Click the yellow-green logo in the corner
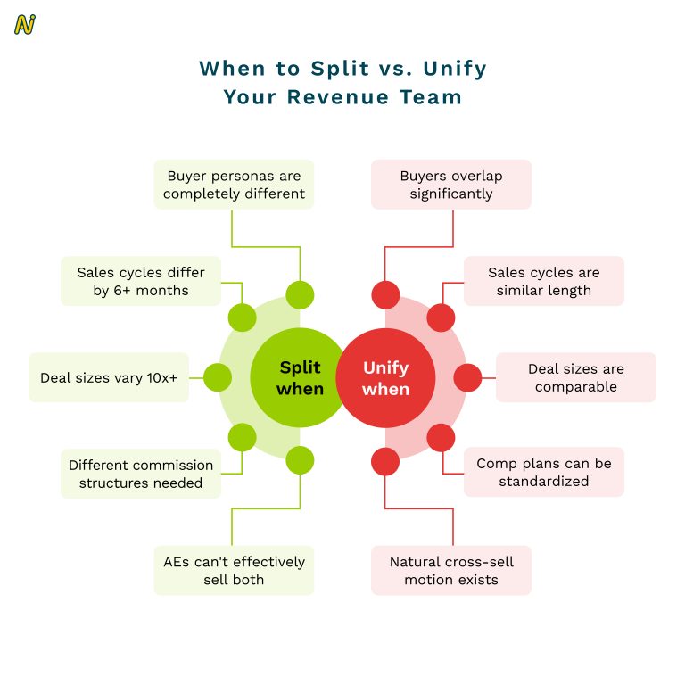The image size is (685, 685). pyautogui.click(x=25, y=25)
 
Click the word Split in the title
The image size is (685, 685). pyautogui.click(x=335, y=69)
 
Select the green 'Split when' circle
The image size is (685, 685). pyautogui.click(x=299, y=377)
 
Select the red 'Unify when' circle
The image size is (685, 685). pyautogui.click(x=385, y=377)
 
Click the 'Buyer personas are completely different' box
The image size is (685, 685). pyautogui.click(x=234, y=185)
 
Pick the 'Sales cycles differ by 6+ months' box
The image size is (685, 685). pyautogui.click(x=141, y=281)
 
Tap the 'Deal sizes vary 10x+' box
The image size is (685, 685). pyautogui.click(x=109, y=377)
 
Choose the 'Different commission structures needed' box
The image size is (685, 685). pyautogui.click(x=141, y=474)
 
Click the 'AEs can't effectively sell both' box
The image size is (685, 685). pyautogui.click(x=234, y=570)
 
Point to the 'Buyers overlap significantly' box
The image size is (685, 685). pyautogui.click(x=450, y=185)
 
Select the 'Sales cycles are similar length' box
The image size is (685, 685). pyautogui.click(x=543, y=281)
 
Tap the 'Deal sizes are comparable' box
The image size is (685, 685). pyautogui.click(x=575, y=377)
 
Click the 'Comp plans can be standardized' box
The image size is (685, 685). pyautogui.click(x=543, y=472)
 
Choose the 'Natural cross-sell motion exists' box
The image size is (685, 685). pyautogui.click(x=450, y=570)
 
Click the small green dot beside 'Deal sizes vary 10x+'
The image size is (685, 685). pyautogui.click(x=217, y=377)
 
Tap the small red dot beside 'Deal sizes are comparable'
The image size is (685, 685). pyautogui.click(x=467, y=377)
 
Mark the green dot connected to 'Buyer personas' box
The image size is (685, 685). pyautogui.click(x=300, y=294)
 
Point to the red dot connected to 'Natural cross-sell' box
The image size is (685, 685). pyautogui.click(x=384, y=461)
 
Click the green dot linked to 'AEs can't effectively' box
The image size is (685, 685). pyautogui.click(x=300, y=461)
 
